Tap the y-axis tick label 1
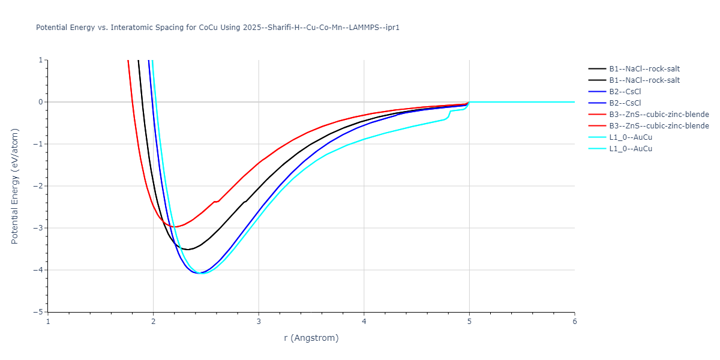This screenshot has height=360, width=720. pos(41,60)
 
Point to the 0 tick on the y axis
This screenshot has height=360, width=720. pos(41,102)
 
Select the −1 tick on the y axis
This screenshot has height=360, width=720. pos(39,144)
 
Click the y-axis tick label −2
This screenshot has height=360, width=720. pos(39,186)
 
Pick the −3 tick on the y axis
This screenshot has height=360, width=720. pos(39,228)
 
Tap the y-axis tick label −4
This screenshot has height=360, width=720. pos(39,270)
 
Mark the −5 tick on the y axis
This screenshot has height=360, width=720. pos(39,312)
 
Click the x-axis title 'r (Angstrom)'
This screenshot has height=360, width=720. pos(311,338)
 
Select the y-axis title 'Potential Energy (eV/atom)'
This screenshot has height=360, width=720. pos(15,186)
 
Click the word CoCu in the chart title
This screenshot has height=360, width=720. pos(209,28)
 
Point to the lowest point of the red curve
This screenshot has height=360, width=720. pos(175,227)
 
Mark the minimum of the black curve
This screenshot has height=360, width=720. pos(188,250)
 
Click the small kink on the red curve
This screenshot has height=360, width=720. pos(215,202)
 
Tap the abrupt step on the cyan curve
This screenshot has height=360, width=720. pos(449,112)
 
